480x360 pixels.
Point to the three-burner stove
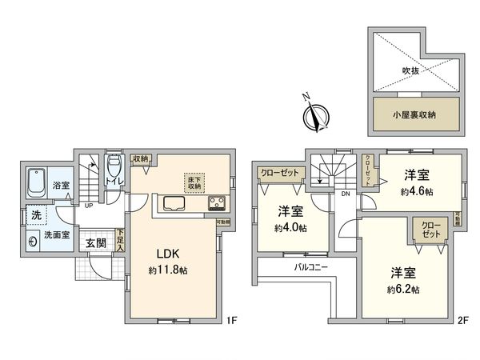click(x=217, y=204)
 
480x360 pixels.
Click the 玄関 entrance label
click(x=95, y=243)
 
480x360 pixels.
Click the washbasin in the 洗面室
click(x=33, y=241)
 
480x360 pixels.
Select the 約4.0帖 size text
click(x=290, y=227)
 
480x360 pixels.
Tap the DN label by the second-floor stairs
click(x=345, y=193)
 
